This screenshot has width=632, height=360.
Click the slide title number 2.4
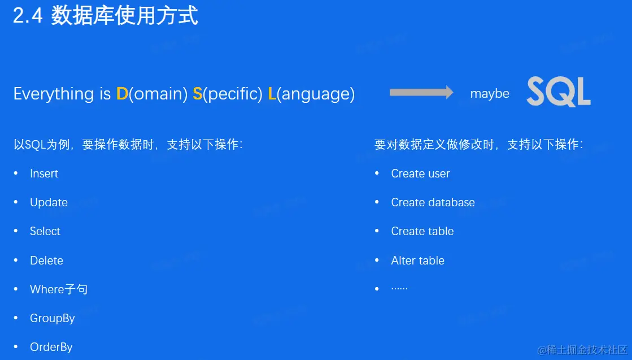[28, 16]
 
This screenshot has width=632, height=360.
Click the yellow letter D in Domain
[122, 93]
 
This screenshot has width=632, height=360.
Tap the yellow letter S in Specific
[198, 93]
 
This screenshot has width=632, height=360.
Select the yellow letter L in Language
[272, 93]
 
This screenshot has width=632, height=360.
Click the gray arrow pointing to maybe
[421, 92]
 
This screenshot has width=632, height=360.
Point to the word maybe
[490, 94]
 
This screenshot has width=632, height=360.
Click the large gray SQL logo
[559, 92]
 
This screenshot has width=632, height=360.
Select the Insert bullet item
[44, 174]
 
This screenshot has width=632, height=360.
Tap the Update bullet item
[49, 202]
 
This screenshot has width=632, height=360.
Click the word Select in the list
[45, 231]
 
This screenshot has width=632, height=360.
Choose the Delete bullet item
[47, 261]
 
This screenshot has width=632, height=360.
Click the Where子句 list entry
[59, 289]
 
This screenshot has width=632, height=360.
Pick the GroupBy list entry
[53, 319]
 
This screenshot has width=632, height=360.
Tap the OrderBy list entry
[51, 347]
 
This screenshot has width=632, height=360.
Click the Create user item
[420, 174]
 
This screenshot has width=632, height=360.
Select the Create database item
[433, 202]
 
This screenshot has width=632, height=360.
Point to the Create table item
[422, 231]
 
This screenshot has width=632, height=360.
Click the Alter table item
[417, 261]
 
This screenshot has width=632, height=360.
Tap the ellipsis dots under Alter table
[399, 289]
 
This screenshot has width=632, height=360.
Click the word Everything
[54, 94]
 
